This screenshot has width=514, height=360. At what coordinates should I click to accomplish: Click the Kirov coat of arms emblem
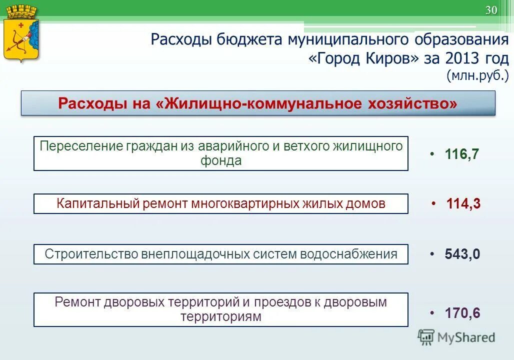(21, 34)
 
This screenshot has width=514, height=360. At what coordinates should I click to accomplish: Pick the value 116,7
(461, 154)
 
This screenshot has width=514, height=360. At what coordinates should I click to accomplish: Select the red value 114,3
(463, 203)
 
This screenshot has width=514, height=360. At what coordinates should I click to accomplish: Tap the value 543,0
(462, 254)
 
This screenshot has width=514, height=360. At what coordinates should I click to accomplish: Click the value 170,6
(462, 313)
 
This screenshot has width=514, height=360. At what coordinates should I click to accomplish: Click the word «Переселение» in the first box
(81, 146)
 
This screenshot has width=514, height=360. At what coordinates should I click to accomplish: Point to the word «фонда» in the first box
(220, 161)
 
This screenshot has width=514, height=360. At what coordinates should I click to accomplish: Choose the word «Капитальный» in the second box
(98, 203)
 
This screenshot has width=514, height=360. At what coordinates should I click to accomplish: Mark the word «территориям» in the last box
(220, 317)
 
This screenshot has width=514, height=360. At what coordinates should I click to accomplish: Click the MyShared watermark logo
(456, 337)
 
